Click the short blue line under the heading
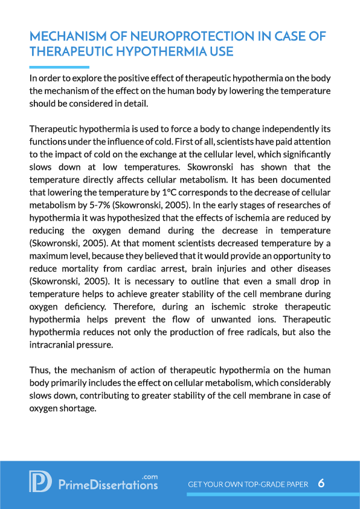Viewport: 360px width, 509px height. click(x=59, y=67)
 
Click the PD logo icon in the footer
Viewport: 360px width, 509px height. click(x=40, y=481)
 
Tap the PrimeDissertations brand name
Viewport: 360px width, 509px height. click(x=108, y=485)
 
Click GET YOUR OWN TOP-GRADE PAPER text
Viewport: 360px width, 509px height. click(x=248, y=485)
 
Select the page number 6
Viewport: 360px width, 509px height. click(x=321, y=484)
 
